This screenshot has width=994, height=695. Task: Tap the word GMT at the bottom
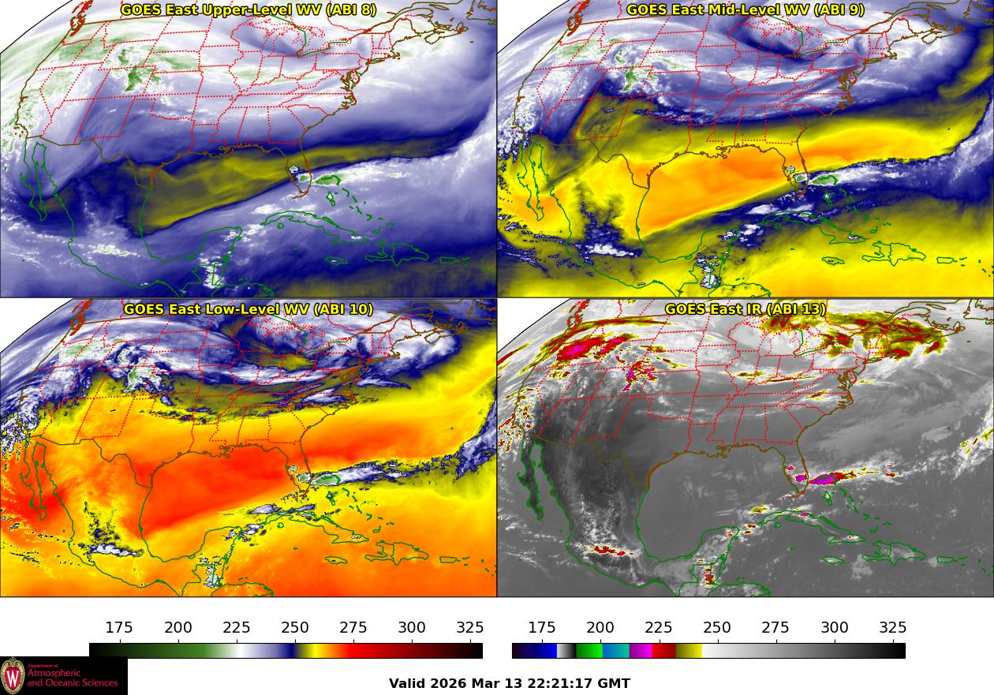(615, 683)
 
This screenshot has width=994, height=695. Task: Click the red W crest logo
(13, 676)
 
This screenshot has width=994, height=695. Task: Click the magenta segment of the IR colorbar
(641, 651)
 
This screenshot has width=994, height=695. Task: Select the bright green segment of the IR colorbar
(589, 651)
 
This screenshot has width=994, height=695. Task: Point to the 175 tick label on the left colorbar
(119, 628)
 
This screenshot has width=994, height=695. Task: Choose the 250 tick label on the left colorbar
(295, 628)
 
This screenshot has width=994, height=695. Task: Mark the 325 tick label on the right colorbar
(893, 628)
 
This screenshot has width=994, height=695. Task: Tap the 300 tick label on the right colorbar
(835, 628)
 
